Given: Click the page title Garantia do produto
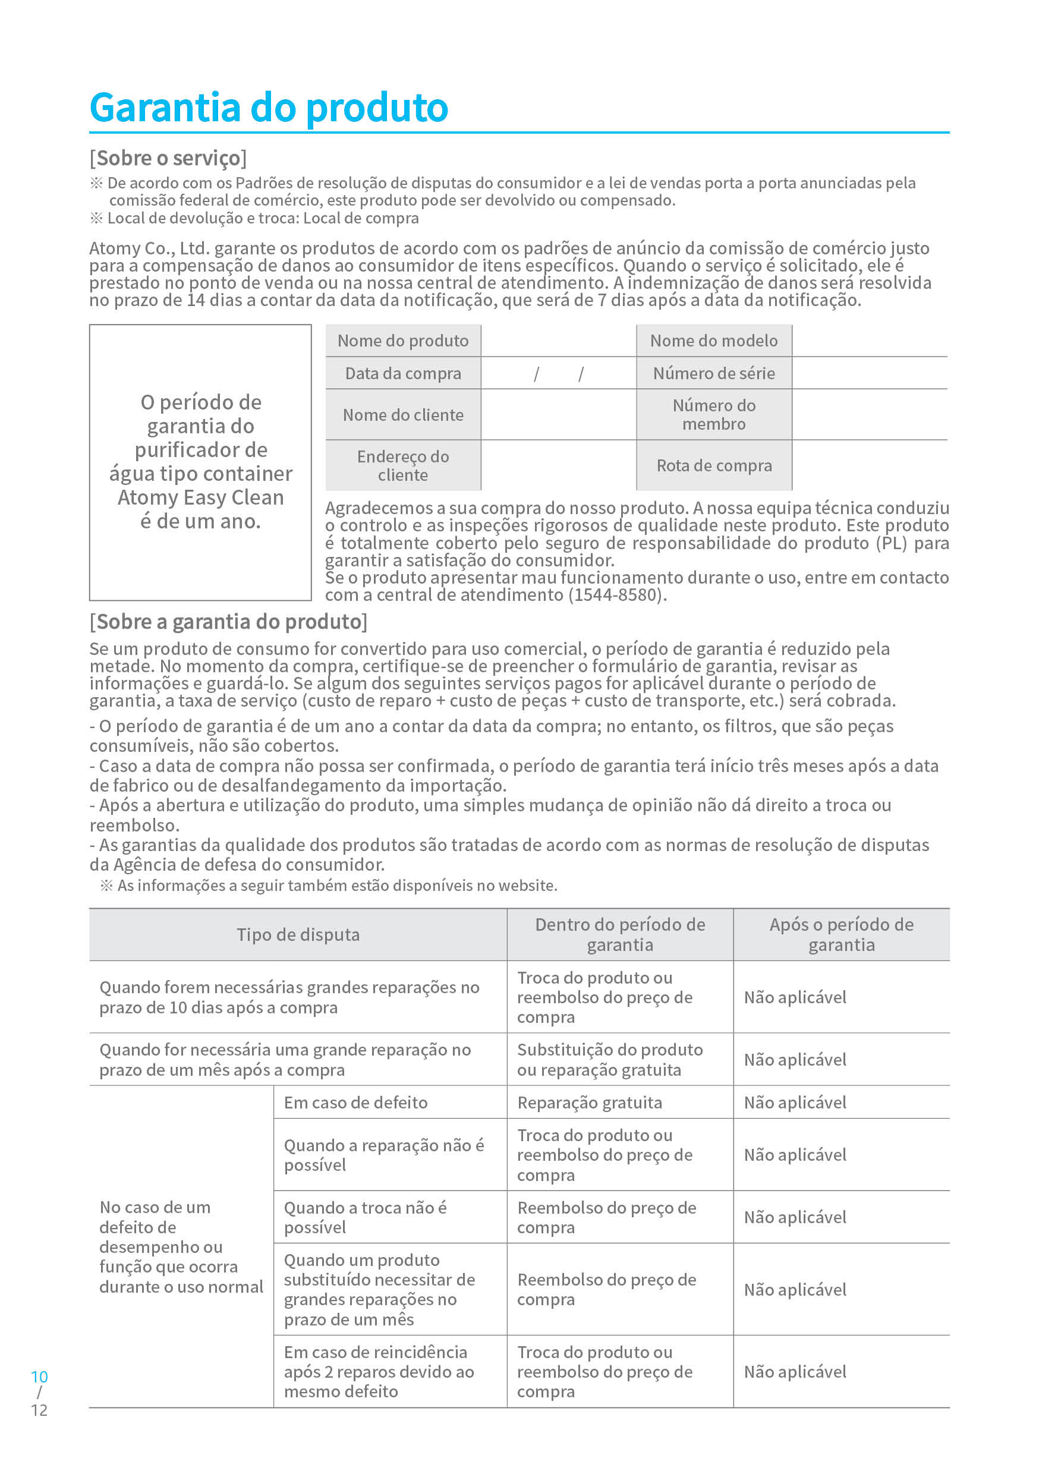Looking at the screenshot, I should [269, 107].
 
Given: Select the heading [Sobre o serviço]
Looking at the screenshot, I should [168, 158].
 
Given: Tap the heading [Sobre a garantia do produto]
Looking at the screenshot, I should [229, 622].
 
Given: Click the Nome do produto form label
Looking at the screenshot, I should [402, 341].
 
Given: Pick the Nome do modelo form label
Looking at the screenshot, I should [713, 341].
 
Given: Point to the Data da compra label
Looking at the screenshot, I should [402, 374].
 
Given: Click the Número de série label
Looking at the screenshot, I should [713, 374].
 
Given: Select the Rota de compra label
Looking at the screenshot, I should [713, 465].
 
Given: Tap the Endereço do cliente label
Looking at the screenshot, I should [402, 465].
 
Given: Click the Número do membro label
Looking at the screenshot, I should [713, 415].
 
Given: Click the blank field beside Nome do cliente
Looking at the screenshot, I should [558, 415].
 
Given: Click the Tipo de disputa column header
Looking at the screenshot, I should [298, 935].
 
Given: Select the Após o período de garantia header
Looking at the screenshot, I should [841, 935].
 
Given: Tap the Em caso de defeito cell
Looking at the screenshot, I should [356, 1103].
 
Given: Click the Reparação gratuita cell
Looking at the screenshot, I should [590, 1103].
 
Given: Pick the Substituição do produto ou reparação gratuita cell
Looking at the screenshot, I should [609, 1059].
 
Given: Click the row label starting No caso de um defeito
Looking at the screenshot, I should [181, 1247].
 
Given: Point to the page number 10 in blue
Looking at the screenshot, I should [39, 1377].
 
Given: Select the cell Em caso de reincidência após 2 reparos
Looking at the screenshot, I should [379, 1372].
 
